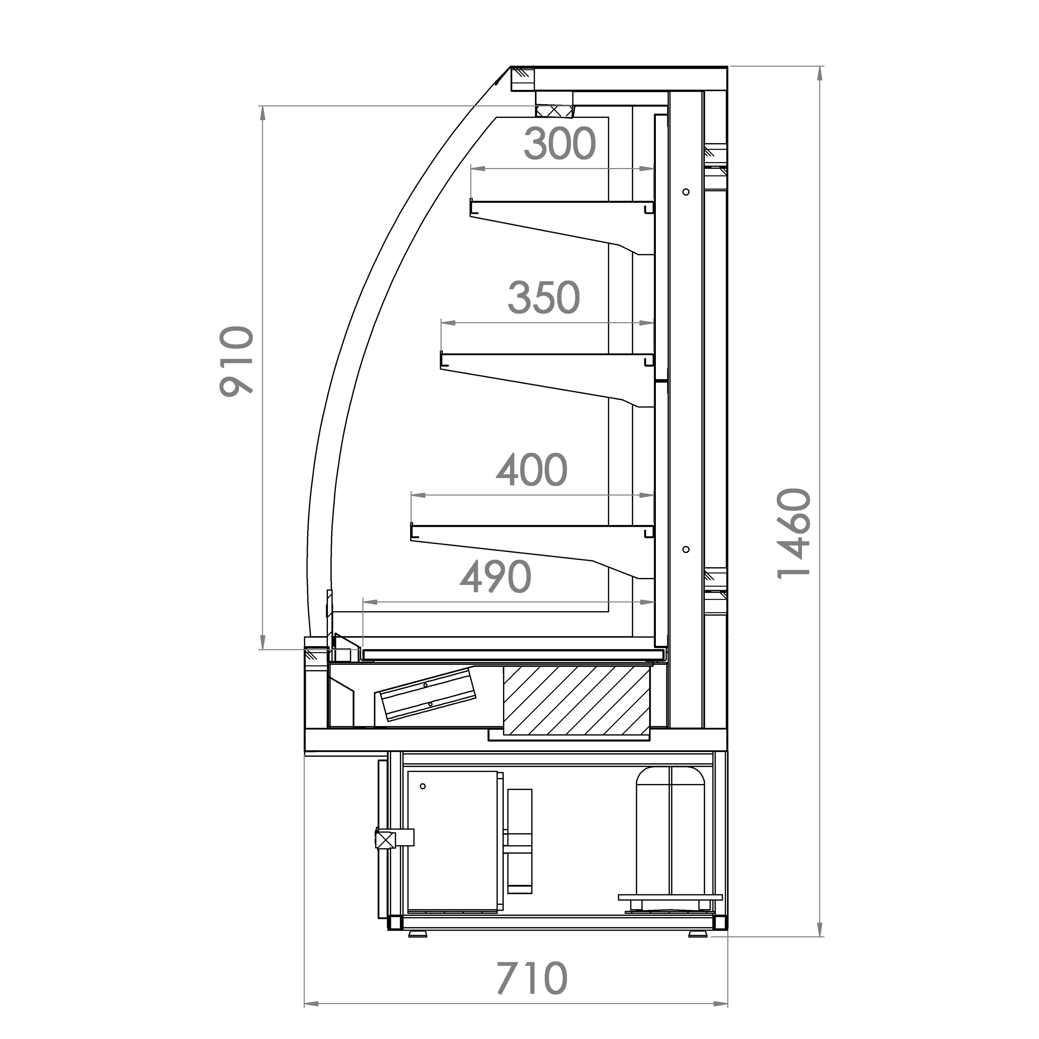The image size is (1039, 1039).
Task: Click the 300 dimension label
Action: pos(560,144)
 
